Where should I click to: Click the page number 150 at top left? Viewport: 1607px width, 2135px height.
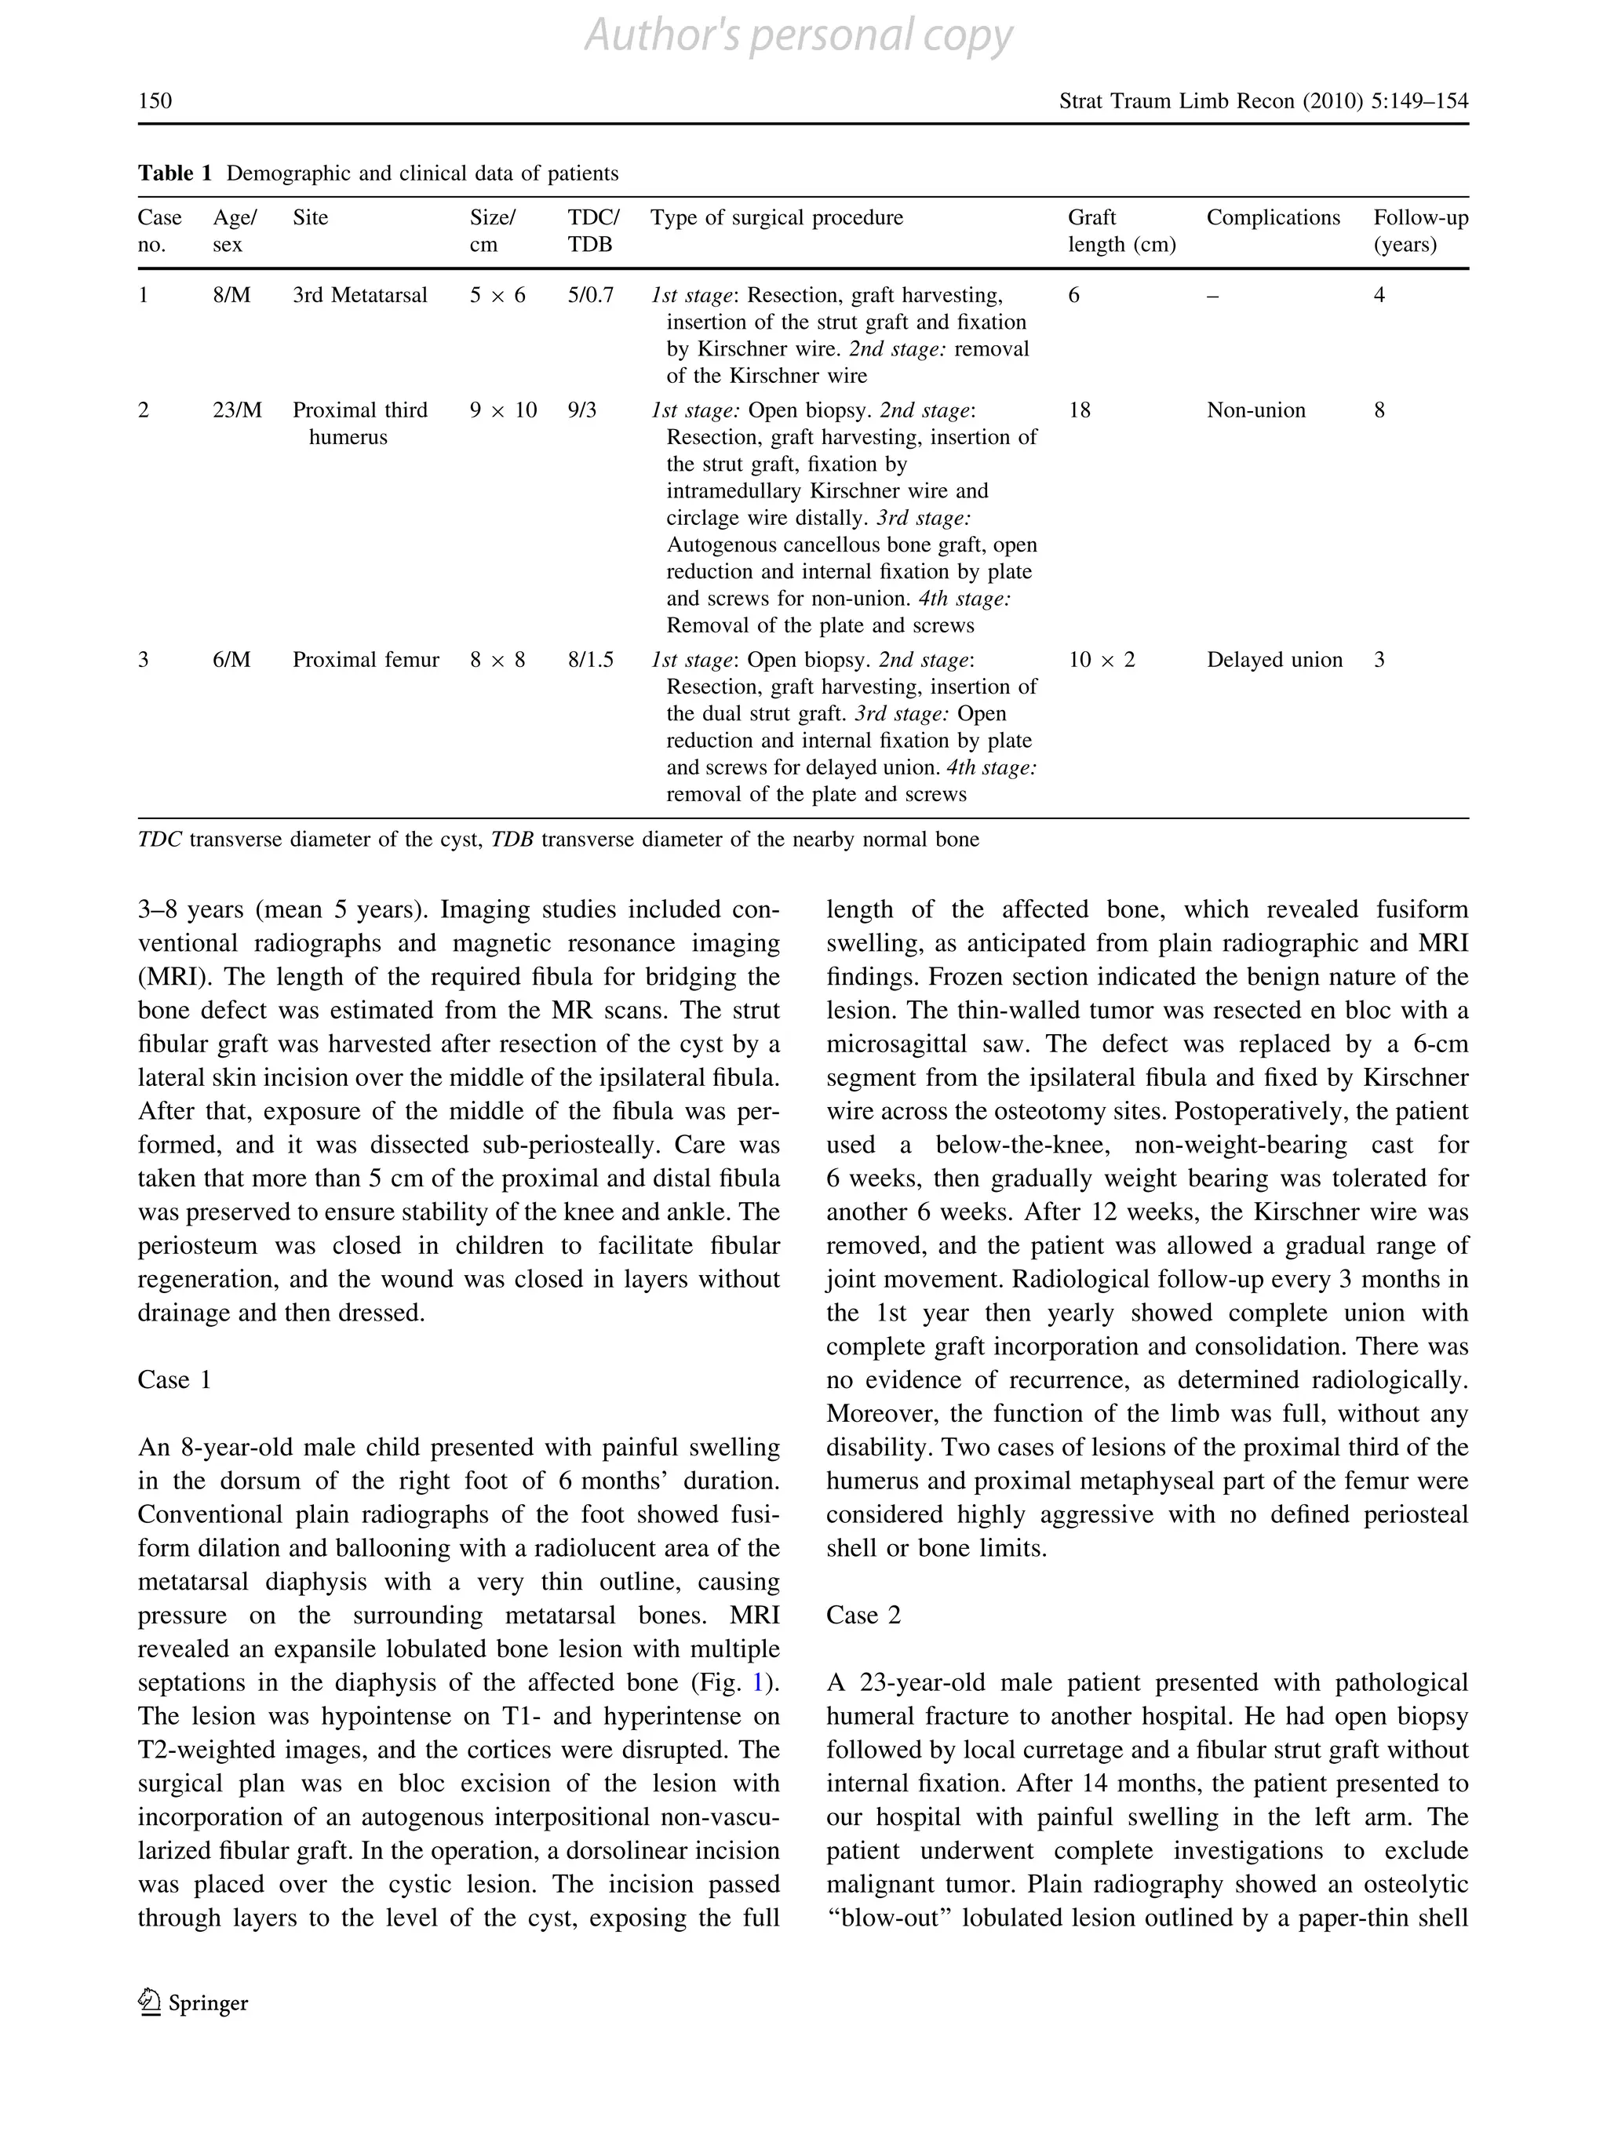click(x=155, y=100)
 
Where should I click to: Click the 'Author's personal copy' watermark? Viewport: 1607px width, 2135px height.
click(x=798, y=37)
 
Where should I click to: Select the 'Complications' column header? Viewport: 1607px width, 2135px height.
click(x=1272, y=218)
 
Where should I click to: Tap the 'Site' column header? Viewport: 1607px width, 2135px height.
click(x=310, y=218)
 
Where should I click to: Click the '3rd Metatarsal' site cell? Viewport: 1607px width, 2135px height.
click(x=359, y=295)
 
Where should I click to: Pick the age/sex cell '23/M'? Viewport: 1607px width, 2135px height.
click(x=236, y=410)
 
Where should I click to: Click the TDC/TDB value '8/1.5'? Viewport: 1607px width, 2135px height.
click(x=590, y=660)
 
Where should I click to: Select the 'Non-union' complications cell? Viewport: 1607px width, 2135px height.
click(x=1255, y=410)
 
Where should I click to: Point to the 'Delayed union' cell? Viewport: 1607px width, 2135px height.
click(x=1274, y=660)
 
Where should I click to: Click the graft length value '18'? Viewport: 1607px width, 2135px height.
click(x=1079, y=410)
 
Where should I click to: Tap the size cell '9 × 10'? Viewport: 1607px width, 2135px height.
click(x=503, y=410)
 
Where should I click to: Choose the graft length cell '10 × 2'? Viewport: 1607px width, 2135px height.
click(x=1101, y=660)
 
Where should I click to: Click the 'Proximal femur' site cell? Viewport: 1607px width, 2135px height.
click(x=366, y=660)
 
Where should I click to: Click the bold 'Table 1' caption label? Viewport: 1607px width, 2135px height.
click(x=173, y=173)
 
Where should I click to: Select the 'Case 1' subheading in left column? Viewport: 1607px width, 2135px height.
click(x=173, y=1380)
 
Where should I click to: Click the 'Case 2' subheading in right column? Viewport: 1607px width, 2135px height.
click(x=863, y=1616)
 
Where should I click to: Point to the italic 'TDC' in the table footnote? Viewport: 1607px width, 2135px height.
click(x=159, y=840)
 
